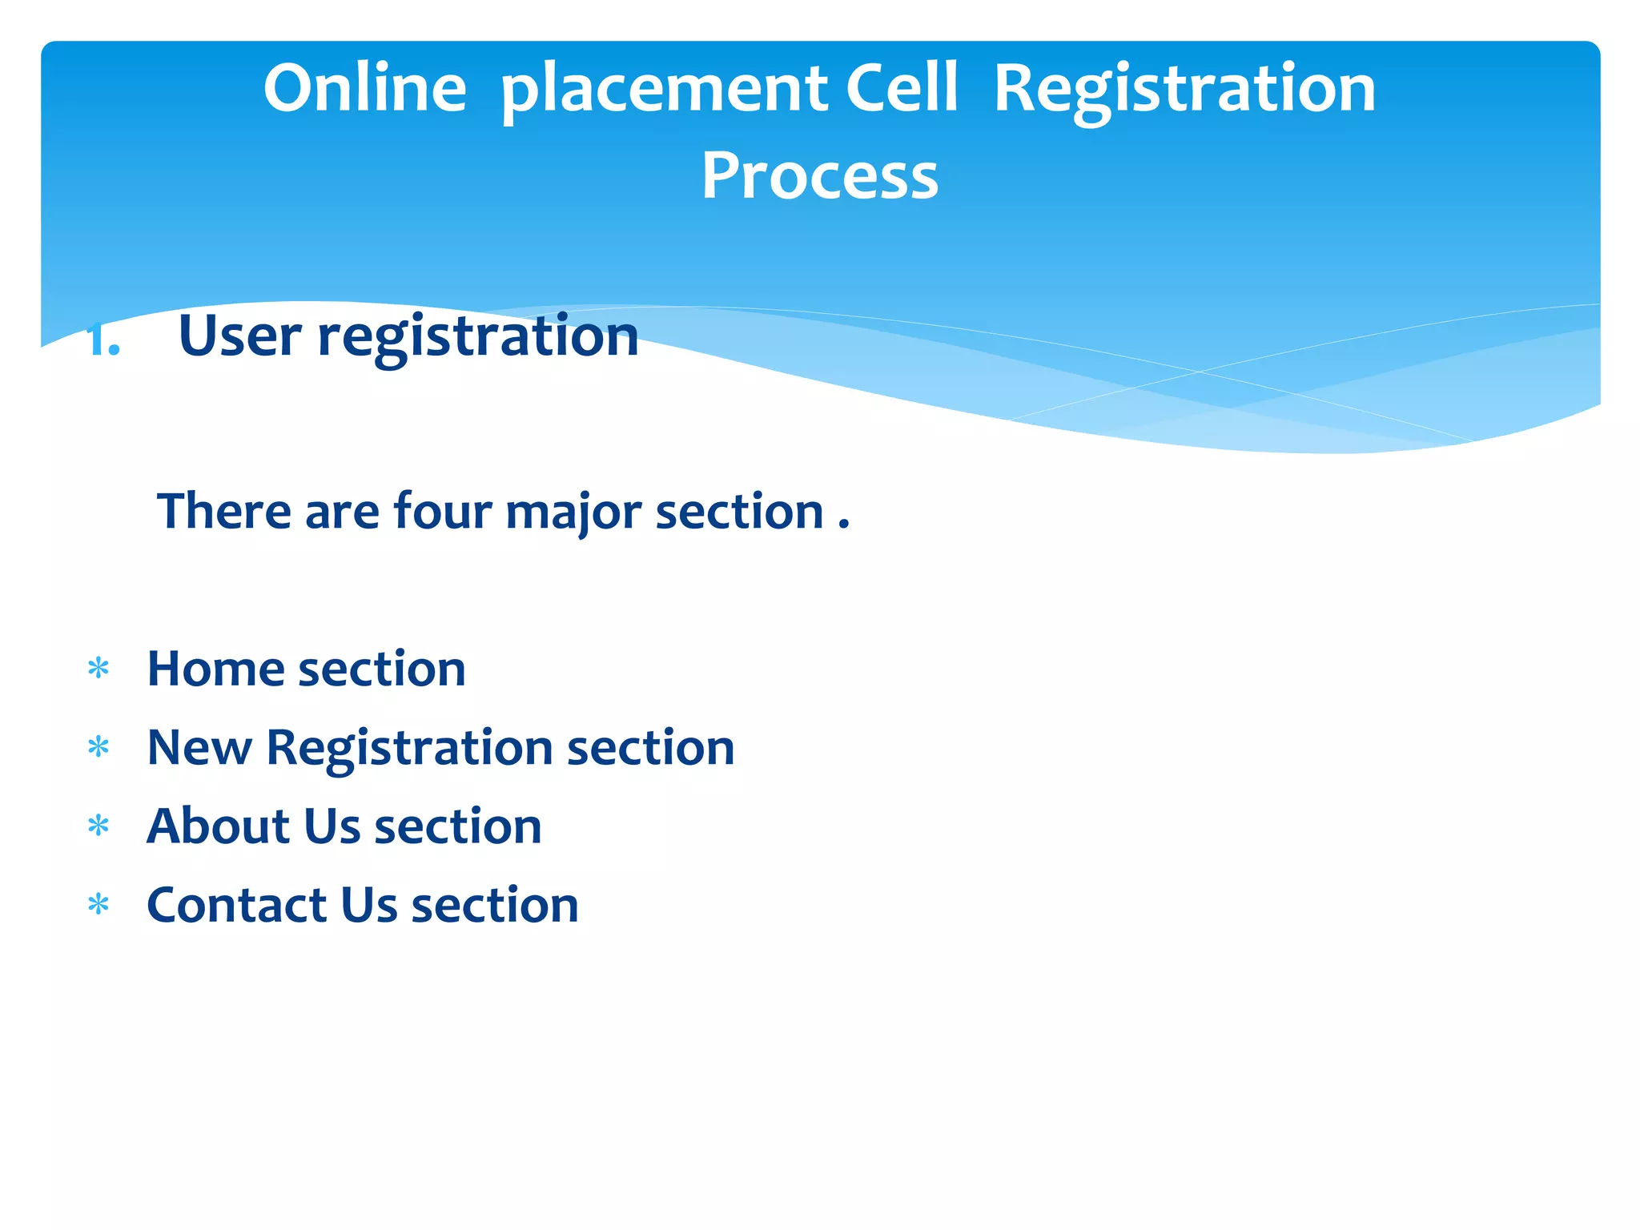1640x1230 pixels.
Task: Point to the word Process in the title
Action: point(819,176)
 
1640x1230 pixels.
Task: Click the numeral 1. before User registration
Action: point(103,340)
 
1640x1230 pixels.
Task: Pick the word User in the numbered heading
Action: point(239,336)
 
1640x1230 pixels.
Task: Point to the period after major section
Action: point(843,525)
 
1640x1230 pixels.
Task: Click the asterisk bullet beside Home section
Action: point(98,668)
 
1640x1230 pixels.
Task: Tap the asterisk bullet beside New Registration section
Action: point(98,747)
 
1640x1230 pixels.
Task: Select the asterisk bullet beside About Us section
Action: point(98,826)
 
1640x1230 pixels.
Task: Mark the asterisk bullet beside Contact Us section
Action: point(98,905)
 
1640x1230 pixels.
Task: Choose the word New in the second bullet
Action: point(199,748)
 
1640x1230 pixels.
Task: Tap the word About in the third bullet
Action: point(219,826)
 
